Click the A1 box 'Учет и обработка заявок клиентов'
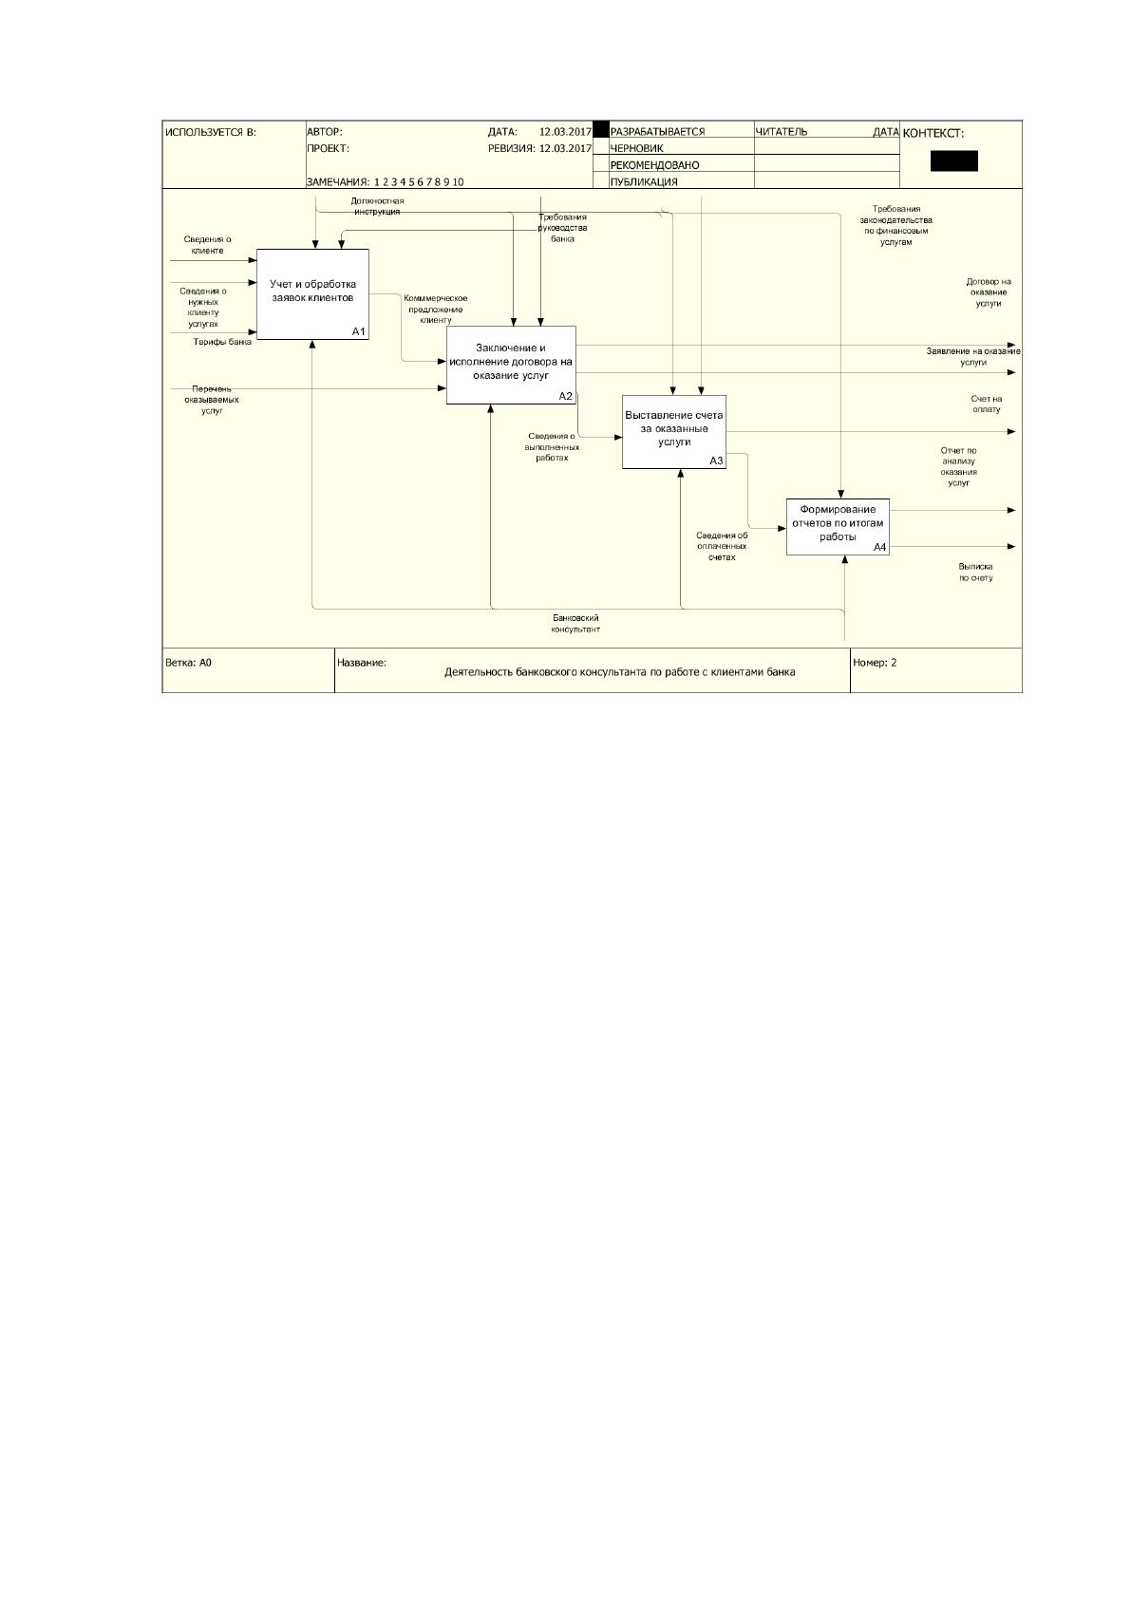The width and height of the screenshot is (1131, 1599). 312,293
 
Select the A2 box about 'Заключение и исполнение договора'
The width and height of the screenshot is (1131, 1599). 511,365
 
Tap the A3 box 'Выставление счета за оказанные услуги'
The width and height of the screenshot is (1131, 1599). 674,432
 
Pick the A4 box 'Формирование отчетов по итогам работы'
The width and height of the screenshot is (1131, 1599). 838,527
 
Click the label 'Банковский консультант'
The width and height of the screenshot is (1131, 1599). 575,623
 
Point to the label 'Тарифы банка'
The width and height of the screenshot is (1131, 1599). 222,342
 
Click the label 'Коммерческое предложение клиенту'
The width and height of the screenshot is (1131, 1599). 436,310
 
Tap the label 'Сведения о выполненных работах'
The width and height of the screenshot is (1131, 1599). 552,447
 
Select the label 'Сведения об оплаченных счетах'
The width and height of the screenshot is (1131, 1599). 722,546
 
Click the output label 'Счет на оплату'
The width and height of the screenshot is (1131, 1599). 987,404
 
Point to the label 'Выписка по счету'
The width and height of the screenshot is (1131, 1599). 975,572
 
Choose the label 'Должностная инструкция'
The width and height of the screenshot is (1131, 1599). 377,206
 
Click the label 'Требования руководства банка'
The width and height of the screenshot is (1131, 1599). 562,228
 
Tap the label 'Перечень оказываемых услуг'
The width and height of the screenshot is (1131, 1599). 212,400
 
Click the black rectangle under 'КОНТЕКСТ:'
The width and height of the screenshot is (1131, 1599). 954,160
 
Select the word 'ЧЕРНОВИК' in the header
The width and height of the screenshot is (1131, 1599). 637,148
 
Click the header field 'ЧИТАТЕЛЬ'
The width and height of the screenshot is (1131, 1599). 782,131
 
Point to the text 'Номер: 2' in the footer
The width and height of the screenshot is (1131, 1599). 875,663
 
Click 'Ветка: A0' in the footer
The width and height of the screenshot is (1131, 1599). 188,663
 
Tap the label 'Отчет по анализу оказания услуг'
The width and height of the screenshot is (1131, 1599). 958,467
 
